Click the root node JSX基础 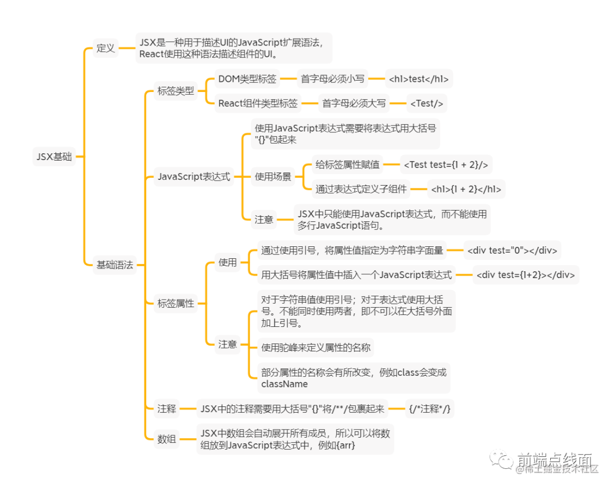[x=54, y=157]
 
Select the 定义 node [x=105, y=48]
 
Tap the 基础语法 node [x=114, y=265]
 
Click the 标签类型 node [x=176, y=91]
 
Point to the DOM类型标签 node [x=248, y=79]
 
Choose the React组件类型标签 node [x=258, y=103]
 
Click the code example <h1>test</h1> [x=419, y=79]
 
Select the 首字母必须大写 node [x=354, y=103]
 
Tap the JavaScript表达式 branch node [x=194, y=177]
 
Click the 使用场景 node [x=273, y=177]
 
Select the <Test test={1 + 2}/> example [x=445, y=165]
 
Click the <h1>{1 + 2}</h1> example [x=466, y=189]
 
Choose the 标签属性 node [x=176, y=303]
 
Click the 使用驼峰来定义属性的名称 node [x=316, y=347]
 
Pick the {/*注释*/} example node [x=430, y=409]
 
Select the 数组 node [x=167, y=439]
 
